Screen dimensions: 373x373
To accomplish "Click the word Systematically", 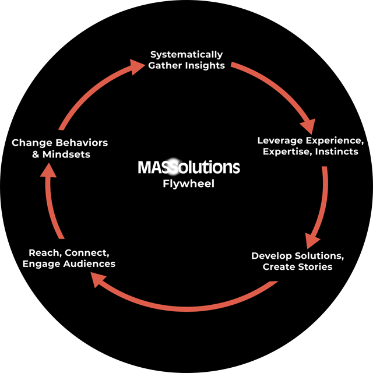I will [186, 55].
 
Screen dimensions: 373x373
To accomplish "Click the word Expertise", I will [287, 152].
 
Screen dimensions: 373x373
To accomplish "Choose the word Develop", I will [272, 256].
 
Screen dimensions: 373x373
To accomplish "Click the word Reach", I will [44, 253].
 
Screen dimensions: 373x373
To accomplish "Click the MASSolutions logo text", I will [188, 168].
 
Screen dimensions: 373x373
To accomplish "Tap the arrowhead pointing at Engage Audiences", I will [98, 281].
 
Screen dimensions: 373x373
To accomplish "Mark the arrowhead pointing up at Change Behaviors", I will [50, 169].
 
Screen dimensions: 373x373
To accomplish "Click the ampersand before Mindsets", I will [36, 154].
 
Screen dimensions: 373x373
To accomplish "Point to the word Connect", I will [87, 253].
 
